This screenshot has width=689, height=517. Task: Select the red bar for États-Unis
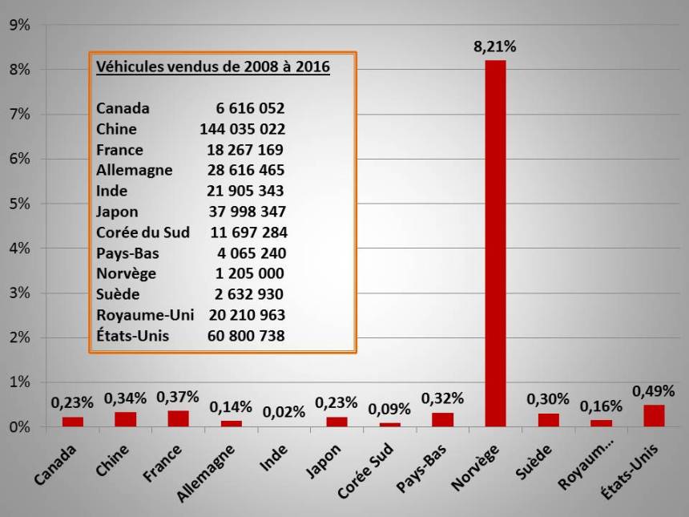coord(654,416)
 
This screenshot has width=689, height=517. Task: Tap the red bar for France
coord(178,418)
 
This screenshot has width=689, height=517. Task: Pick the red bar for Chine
coord(125,419)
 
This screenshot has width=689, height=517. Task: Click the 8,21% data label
coord(495,46)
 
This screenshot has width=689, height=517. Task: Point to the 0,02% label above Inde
coord(284,412)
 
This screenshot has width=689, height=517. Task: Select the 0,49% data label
coord(654,390)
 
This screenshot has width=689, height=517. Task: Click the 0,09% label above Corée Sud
coord(389,408)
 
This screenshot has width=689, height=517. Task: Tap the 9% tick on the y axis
coord(19,25)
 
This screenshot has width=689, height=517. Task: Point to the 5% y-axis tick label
coord(19,204)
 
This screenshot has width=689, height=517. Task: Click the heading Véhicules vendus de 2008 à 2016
coord(213,67)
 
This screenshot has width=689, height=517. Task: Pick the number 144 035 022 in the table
coord(243,129)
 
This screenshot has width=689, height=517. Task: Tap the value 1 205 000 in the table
coord(247,273)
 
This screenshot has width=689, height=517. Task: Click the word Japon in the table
coord(117,212)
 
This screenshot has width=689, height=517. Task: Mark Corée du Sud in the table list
coord(143,232)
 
